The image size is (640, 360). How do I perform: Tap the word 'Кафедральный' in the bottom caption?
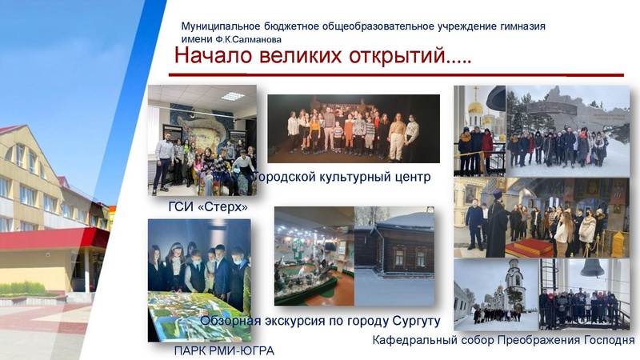415,340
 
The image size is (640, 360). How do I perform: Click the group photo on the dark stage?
353,128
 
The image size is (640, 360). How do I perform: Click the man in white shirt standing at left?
163,160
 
